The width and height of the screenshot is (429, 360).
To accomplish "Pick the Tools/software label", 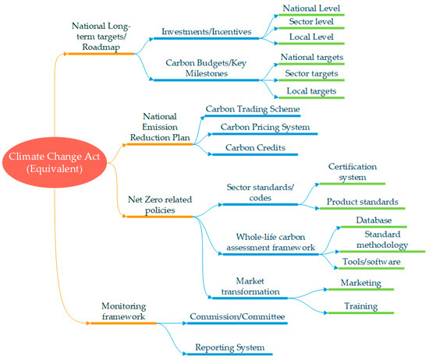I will click(371, 261).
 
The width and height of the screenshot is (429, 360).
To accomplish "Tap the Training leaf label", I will click(360, 307).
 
